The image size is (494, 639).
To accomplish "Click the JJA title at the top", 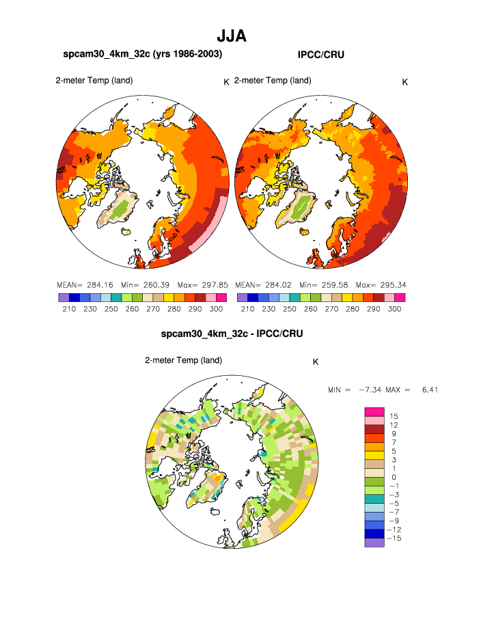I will click(x=231, y=36).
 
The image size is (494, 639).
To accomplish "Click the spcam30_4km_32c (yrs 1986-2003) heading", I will click(x=142, y=54).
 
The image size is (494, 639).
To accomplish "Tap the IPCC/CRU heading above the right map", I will click(x=320, y=55).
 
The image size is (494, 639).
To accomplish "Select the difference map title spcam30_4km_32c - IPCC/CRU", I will click(x=232, y=334).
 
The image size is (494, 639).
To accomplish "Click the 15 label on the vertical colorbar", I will click(x=394, y=416).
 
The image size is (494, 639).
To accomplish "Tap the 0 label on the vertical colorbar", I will click(x=394, y=477).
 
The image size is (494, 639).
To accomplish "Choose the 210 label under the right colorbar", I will click(x=247, y=309).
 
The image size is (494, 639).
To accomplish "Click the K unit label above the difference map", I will click(x=316, y=362).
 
